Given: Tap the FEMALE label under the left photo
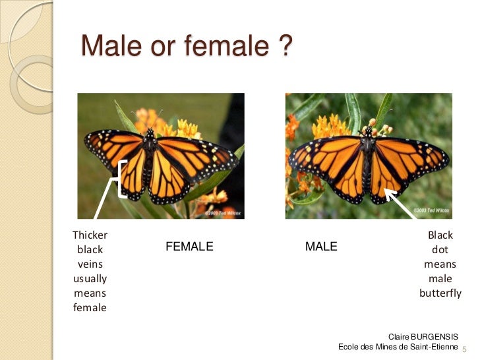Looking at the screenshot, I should click(x=189, y=247).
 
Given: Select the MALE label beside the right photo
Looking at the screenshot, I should click(x=321, y=247).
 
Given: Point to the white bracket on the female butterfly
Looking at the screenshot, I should click(x=122, y=179).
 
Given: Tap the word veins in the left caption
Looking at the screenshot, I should click(x=90, y=264).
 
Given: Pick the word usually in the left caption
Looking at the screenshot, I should click(x=90, y=279).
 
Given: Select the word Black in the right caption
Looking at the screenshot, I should click(x=440, y=235).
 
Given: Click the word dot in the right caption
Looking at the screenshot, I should click(x=440, y=250).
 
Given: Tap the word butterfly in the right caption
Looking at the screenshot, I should click(x=440, y=293).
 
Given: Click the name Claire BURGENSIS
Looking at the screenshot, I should click(x=423, y=336).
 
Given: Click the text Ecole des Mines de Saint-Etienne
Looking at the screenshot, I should click(x=397, y=347).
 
